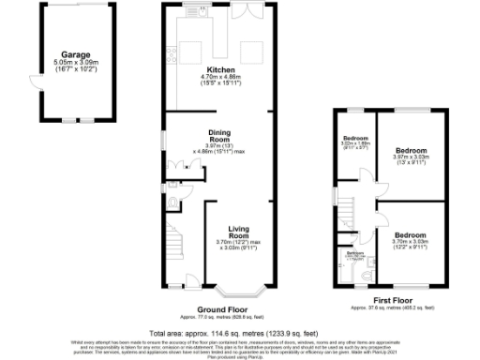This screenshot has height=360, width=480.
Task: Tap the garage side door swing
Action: pyautogui.click(x=37, y=81)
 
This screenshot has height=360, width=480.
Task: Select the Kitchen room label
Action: pyautogui.click(x=221, y=70)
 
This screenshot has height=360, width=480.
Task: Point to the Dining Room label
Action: pyautogui.click(x=218, y=138)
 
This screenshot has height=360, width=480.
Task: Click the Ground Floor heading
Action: pyautogui.click(x=220, y=309)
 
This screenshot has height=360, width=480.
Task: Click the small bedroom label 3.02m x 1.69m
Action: pyautogui.click(x=354, y=143)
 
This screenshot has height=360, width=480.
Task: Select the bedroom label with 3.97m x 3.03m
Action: pyautogui.click(x=411, y=154)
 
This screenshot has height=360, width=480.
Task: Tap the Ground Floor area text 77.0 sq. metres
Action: pyautogui.click(x=220, y=318)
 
